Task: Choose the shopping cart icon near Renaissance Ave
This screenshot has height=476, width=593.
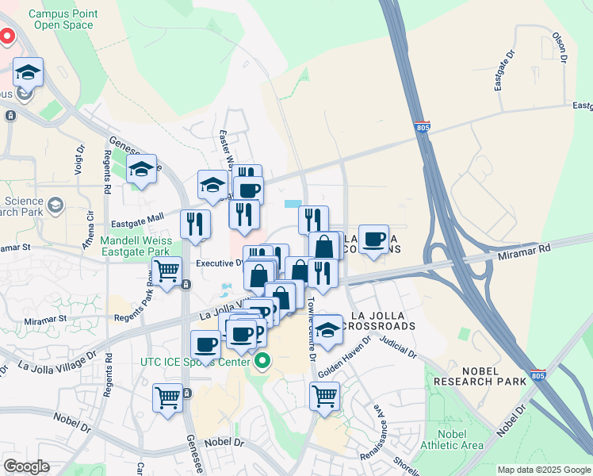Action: click(x=324, y=394)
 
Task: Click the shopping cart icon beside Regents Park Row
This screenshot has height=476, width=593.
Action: click(x=167, y=271)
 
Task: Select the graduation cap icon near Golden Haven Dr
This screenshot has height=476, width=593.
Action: click(x=327, y=329)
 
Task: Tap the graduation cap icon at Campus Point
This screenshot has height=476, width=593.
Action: click(x=29, y=73)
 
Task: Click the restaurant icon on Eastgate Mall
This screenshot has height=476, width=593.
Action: click(x=195, y=225)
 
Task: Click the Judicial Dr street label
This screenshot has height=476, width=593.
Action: click(x=397, y=344)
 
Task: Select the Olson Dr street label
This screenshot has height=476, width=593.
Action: click(x=562, y=48)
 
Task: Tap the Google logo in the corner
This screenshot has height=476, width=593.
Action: click(x=27, y=466)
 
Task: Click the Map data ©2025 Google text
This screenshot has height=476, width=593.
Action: click(x=543, y=470)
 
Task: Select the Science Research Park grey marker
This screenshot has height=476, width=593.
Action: click(x=55, y=206)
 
